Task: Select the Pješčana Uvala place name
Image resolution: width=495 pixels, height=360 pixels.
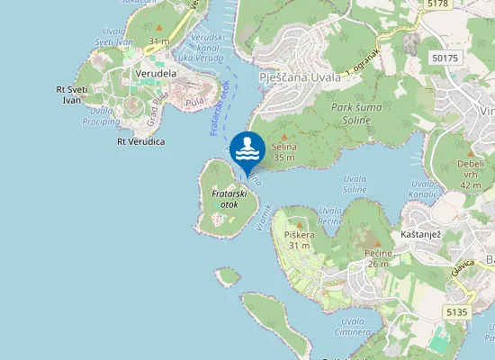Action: pyautogui.click(x=301, y=78)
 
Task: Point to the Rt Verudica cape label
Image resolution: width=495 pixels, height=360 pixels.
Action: pyautogui.click(x=140, y=141)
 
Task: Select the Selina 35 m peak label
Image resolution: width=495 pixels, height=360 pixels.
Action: pyautogui.click(x=283, y=152)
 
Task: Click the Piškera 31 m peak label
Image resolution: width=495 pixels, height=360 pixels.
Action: pyautogui.click(x=297, y=239)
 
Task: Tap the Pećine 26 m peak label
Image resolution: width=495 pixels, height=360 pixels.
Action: pyautogui.click(x=377, y=257)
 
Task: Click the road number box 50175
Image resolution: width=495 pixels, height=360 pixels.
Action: pyautogui.click(x=445, y=57)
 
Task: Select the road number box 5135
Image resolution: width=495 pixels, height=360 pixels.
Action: pyautogui.click(x=455, y=312)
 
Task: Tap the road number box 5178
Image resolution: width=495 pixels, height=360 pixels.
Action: pyautogui.click(x=437, y=4)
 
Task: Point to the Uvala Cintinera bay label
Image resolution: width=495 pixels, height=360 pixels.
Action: pyautogui.click(x=353, y=326)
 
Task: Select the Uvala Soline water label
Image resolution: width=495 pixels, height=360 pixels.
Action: pyautogui.click(x=355, y=184)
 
